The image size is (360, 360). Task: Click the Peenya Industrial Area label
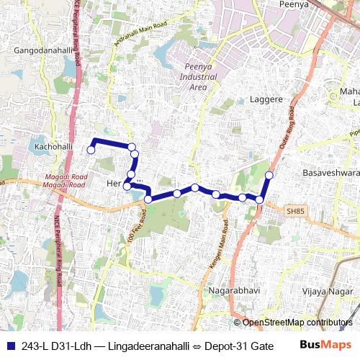pos(198,77)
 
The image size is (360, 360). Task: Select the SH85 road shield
pos(295,211)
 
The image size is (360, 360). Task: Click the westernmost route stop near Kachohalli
pos(91,150)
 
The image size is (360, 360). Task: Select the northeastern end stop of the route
pos(269,175)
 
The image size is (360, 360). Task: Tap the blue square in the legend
pos(11,344)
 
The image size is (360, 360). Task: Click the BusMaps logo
pos(320,344)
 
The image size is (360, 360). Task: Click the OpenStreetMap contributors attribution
pos(297,323)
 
